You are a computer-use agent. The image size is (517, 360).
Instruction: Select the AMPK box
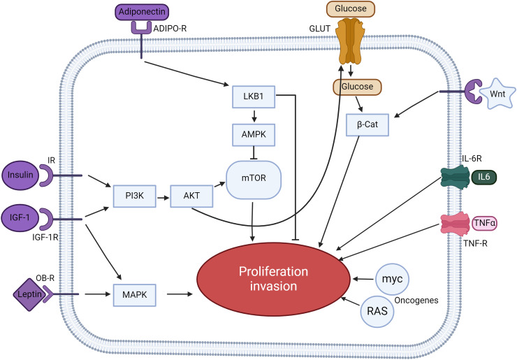253,132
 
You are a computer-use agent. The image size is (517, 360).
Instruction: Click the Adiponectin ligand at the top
146,11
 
